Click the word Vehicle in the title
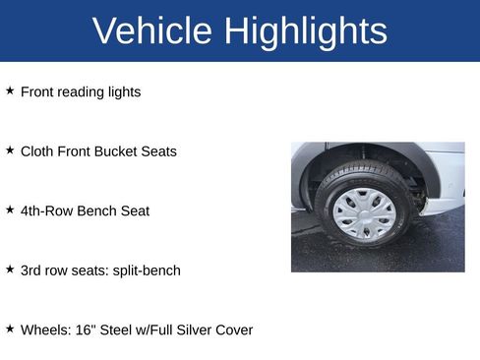[151, 31]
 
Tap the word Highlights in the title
[305, 31]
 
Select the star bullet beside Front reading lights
[10, 90]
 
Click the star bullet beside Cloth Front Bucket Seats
[10, 150]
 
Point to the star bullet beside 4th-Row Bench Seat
[10, 210]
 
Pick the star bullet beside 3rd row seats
[10, 269]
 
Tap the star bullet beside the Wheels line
[10, 329]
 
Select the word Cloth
[38, 151]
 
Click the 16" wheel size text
[85, 330]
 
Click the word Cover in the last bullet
[234, 330]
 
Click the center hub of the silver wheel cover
[363, 213]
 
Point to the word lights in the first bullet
[123, 92]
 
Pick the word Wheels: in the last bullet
[45, 330]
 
